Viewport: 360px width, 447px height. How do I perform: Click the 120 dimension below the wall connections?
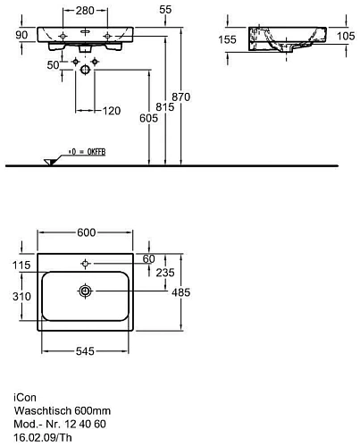tap(111, 110)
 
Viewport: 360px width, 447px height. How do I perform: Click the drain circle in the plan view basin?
tap(86, 291)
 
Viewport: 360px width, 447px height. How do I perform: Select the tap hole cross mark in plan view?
tap(86, 264)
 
